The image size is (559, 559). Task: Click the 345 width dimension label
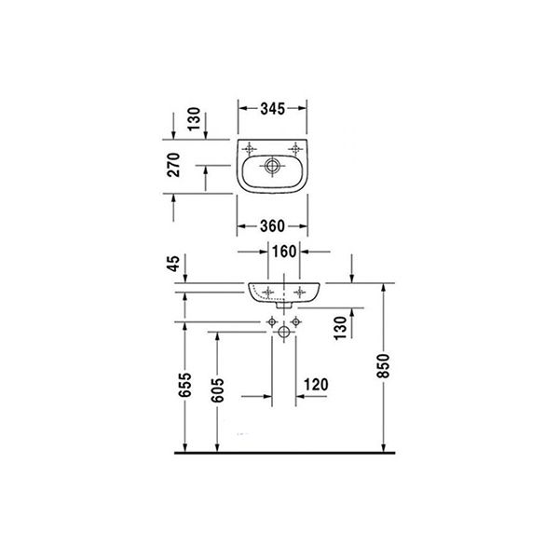[x=272, y=108]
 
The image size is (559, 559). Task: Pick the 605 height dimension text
[x=220, y=389]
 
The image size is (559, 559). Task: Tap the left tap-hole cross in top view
[x=250, y=146]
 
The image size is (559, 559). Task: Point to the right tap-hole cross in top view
[x=297, y=146]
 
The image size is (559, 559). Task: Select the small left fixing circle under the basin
[x=271, y=321]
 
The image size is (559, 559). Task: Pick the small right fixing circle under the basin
[x=297, y=321]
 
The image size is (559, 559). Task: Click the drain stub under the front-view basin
[x=284, y=307]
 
